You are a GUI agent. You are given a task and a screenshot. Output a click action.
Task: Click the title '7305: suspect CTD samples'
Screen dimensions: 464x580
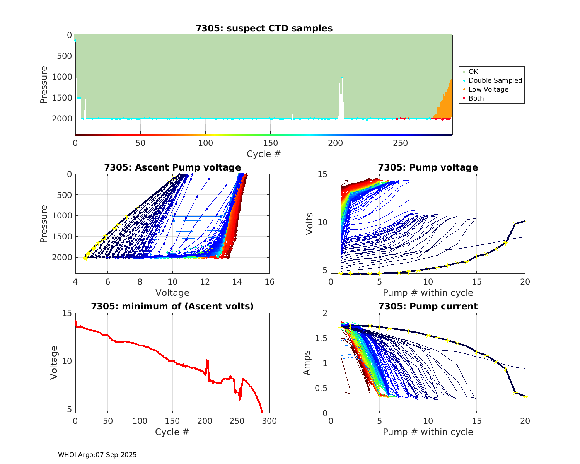tap(264, 28)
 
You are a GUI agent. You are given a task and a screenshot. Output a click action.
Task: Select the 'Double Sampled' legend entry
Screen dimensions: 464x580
tap(495, 80)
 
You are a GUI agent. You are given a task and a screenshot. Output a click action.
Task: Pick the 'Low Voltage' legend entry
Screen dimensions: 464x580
tap(488, 89)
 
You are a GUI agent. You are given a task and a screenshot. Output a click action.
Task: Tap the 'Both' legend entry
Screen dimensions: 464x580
tap(476, 98)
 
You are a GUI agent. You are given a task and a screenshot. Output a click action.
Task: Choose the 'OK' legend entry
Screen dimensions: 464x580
tap(473, 72)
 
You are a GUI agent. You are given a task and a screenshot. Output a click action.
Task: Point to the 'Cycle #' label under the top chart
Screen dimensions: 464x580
tap(264, 154)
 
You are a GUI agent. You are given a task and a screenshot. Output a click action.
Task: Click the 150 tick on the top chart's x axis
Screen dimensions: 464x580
tap(270, 143)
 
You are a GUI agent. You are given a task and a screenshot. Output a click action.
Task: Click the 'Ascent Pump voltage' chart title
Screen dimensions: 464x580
tap(172, 167)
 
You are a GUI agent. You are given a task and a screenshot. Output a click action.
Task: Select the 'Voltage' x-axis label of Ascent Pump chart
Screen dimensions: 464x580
tap(172, 293)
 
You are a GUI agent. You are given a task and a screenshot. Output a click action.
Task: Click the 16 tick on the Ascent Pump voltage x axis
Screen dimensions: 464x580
tap(270, 282)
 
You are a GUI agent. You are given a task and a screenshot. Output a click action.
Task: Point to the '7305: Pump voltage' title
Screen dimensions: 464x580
tap(428, 167)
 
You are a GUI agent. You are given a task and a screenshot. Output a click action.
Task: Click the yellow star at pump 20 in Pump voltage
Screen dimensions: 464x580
tap(525, 221)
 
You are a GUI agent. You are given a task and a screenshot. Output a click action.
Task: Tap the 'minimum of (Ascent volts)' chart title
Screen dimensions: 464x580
tap(172, 306)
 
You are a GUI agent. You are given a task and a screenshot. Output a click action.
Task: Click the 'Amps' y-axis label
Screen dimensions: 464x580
tap(307, 363)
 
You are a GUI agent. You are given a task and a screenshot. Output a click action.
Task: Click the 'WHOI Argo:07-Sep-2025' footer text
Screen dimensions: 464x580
tap(97, 455)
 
